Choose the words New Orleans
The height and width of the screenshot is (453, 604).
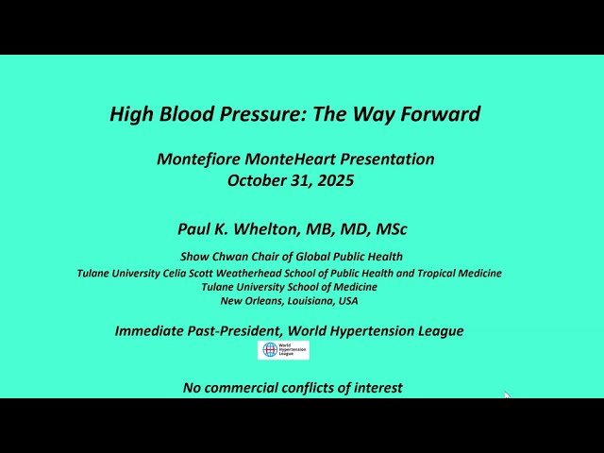point(247,301)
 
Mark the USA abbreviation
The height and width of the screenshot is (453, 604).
point(347,301)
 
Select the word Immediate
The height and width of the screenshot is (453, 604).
point(153,330)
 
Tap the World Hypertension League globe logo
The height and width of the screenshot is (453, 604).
point(271,350)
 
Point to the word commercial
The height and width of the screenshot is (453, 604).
point(243,387)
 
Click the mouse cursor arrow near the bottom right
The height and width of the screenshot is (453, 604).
point(507,396)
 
